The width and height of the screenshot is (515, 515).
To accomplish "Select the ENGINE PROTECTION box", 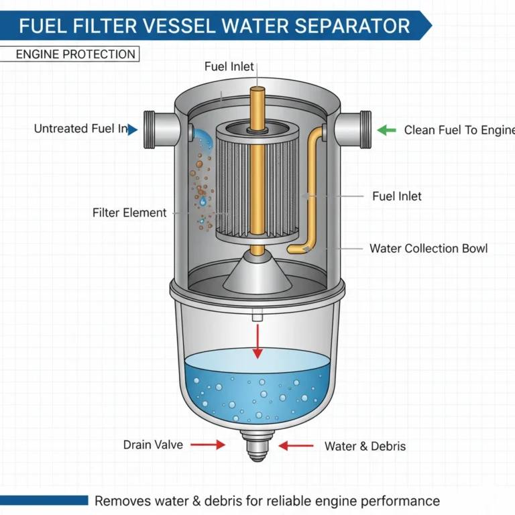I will pos(75,54).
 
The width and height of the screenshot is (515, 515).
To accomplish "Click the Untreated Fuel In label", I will pos(80,129).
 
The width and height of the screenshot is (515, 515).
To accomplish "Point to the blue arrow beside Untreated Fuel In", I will pos(133,129).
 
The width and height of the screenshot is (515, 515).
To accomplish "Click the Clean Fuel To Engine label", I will pos(459,130).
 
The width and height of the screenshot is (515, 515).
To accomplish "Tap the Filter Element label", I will pos(129,213).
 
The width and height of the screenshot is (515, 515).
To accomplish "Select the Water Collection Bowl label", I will pos(428,248).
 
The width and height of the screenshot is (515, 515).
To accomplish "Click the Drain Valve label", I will pos(152,444).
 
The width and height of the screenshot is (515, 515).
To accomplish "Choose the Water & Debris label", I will pos(365,445).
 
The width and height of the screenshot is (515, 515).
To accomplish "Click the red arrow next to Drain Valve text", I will pos(208,444).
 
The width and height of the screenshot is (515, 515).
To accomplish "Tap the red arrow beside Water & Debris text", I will pos(296,445).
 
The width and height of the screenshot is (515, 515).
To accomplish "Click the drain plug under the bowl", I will pos(255,447).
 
